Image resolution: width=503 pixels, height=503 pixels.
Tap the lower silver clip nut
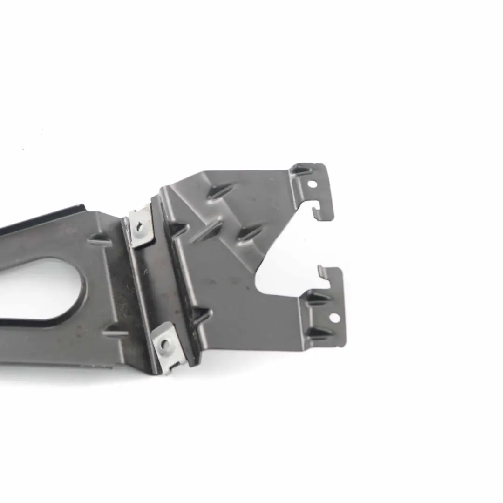pyautogui.click(x=166, y=346)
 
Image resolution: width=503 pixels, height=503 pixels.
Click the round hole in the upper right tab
pyautogui.click(x=312, y=184)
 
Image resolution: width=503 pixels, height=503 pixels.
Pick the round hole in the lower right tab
pyautogui.click(x=334, y=318)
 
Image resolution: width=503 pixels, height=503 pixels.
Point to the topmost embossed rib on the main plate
pyautogui.click(x=220, y=190)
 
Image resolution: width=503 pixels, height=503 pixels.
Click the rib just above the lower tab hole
pyautogui.click(x=319, y=299)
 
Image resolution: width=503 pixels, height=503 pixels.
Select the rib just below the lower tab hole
pyautogui.click(x=321, y=333)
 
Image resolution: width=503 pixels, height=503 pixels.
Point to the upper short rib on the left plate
pyautogui.click(x=99, y=240)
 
